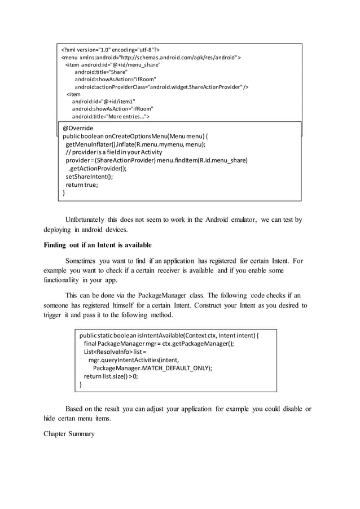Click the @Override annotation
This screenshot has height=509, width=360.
(x=78, y=128)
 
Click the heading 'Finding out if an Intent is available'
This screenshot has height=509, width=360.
(x=98, y=245)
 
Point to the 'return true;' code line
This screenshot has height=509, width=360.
(x=82, y=184)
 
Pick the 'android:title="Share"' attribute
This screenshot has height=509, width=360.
(x=101, y=72)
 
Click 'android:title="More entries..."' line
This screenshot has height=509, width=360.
(x=111, y=117)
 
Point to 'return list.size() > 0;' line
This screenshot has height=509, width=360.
(x=111, y=376)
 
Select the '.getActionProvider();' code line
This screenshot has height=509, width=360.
(x=97, y=168)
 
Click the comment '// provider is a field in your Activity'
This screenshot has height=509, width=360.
(x=114, y=152)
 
